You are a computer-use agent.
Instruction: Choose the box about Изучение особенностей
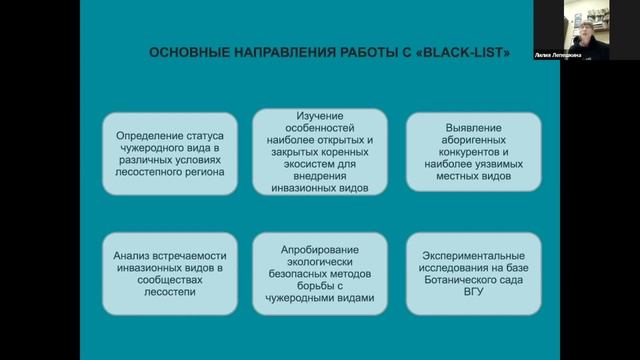click(x=320, y=151)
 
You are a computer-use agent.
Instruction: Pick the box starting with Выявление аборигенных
click(x=474, y=151)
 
